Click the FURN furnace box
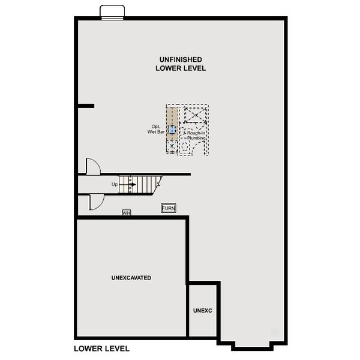(x=169, y=208)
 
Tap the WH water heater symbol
(x=126, y=212)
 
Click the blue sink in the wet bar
(x=172, y=129)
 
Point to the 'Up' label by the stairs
(x=115, y=184)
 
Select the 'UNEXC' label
(x=203, y=311)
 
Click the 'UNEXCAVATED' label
(x=131, y=278)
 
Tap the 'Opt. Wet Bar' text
(x=157, y=129)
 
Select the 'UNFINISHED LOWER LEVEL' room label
(x=181, y=64)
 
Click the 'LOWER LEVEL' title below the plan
(x=102, y=348)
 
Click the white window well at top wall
(x=112, y=13)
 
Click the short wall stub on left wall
(x=85, y=106)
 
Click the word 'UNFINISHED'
(x=181, y=59)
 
